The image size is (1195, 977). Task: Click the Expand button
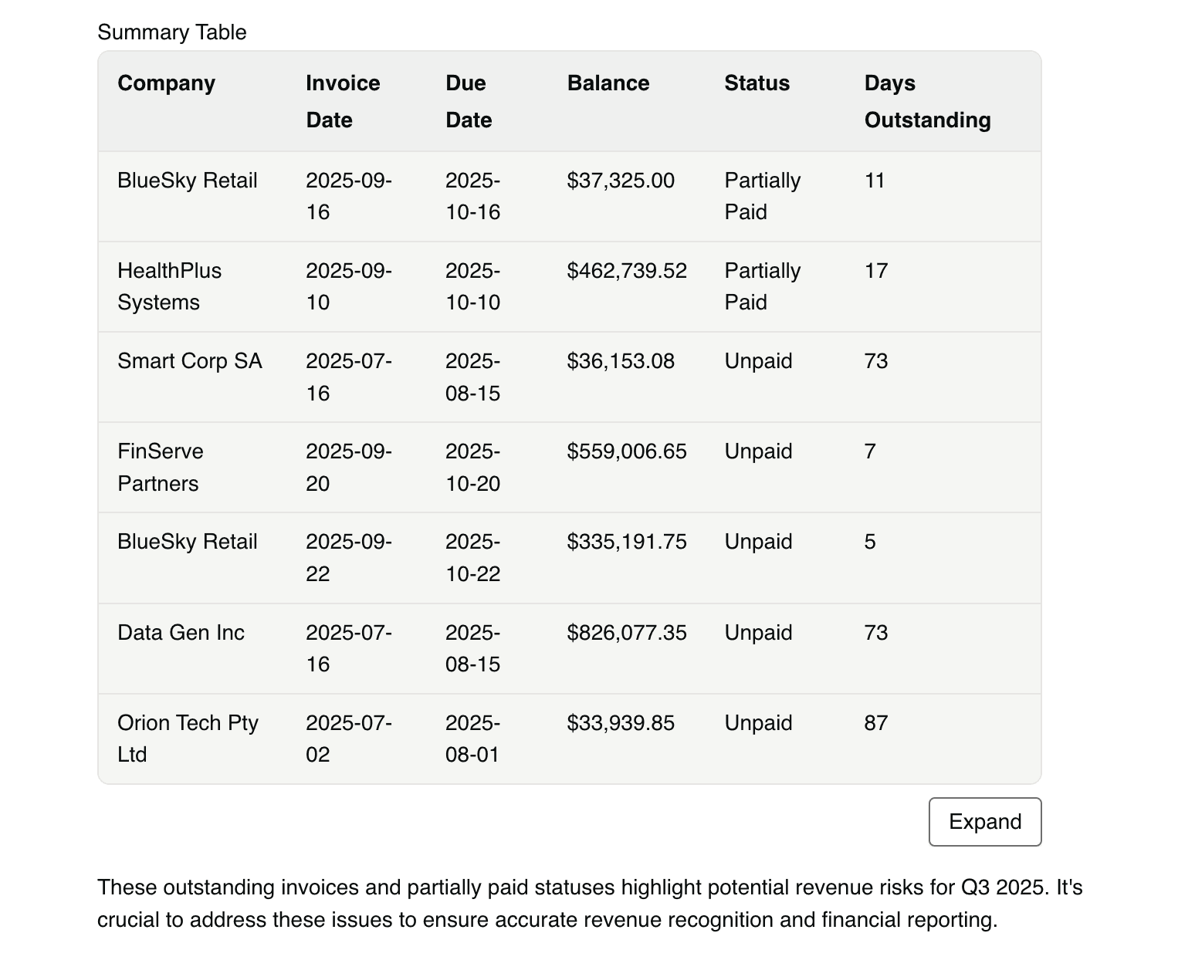[x=984, y=821]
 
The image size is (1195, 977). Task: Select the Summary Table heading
[x=171, y=32]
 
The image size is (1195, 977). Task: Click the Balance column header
[x=608, y=83]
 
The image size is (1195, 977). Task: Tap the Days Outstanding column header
[x=927, y=101]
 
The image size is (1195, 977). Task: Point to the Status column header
[x=757, y=83]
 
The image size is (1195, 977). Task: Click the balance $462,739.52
[x=627, y=271]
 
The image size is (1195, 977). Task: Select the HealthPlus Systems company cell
[x=169, y=286]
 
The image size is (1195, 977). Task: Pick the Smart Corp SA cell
[x=190, y=361]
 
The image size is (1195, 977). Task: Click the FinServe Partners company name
[x=161, y=467]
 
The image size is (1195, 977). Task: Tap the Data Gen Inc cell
[x=181, y=632]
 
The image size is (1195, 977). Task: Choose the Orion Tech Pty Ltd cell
[x=188, y=739]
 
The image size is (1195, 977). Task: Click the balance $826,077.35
[x=627, y=632]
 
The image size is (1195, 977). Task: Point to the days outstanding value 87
[x=876, y=722]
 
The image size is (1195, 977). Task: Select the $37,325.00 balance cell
[x=621, y=181]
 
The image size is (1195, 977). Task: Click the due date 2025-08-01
[x=472, y=739]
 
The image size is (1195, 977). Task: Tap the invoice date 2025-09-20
[x=348, y=467]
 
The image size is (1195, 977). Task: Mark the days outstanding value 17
[x=876, y=271]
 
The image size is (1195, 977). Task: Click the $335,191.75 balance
[x=627, y=542]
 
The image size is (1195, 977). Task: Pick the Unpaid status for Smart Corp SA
[x=758, y=361]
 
